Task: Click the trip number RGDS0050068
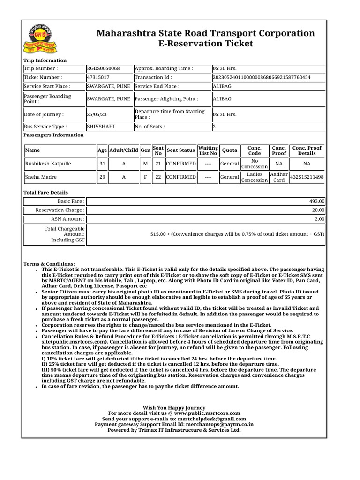click(103, 68)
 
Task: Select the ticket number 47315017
click(98, 77)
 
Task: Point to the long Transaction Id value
click(262, 77)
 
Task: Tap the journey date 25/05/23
click(96, 114)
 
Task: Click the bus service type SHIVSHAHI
click(101, 127)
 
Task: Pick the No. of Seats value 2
click(214, 127)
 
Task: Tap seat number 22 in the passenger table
click(158, 177)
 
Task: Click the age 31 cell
click(102, 164)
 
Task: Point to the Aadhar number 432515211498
click(307, 177)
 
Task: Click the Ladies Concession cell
click(255, 177)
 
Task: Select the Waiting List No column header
click(208, 150)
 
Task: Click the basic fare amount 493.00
click(317, 201)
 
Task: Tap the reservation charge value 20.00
click(318, 210)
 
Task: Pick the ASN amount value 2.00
click(320, 219)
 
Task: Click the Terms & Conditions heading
click(49, 264)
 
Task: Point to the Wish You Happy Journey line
click(174, 408)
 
